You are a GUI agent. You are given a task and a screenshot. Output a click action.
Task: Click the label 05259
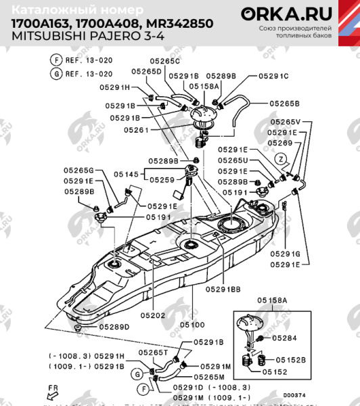coord(163,180)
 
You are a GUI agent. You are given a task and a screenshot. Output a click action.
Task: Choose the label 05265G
coord(78,171)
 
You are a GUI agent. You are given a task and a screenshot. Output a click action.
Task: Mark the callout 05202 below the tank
coord(153,315)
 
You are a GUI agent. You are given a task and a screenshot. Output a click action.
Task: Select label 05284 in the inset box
coord(286,337)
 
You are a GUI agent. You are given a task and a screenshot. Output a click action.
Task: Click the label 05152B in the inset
coord(289,361)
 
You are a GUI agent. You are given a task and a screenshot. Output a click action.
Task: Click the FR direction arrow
coord(50,392)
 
